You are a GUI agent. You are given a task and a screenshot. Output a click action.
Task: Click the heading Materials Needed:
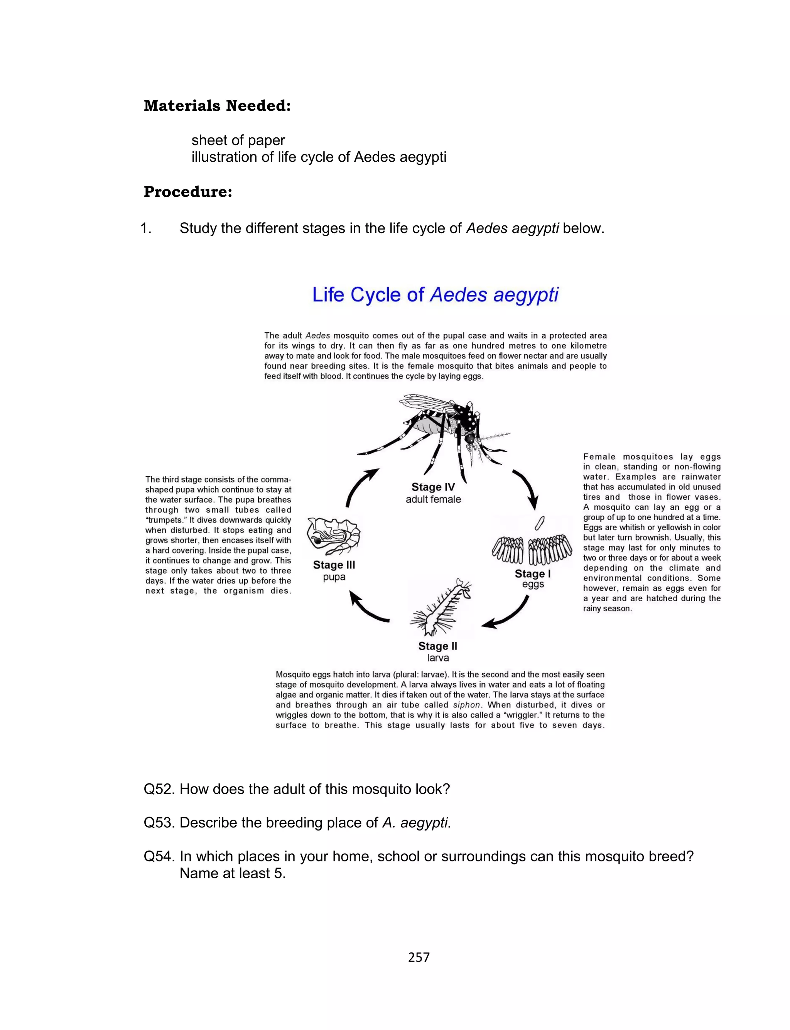217,106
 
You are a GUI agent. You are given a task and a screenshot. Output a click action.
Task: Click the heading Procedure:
188,192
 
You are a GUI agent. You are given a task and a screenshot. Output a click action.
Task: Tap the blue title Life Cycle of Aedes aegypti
436,295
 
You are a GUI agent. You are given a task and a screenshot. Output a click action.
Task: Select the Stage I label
532,574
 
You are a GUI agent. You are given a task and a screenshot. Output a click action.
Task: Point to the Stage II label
437,646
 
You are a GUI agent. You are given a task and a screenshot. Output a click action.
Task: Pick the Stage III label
334,565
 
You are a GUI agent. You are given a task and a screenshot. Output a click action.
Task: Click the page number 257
419,957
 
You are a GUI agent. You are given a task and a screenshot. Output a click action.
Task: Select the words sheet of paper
238,140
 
